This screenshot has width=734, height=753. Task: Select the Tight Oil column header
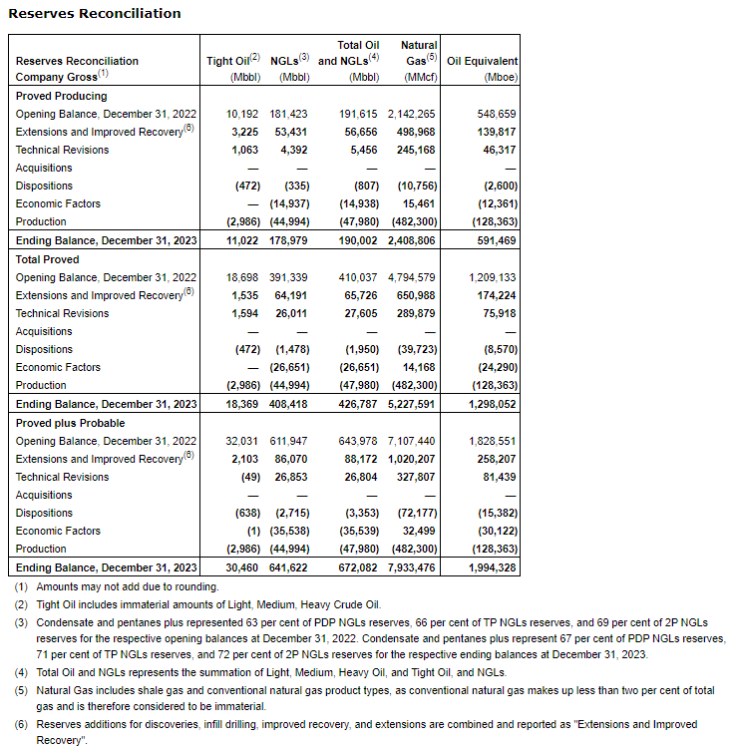pyautogui.click(x=232, y=61)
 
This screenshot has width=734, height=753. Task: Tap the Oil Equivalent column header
pyautogui.click(x=482, y=61)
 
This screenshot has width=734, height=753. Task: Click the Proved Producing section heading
pyautogui.click(x=62, y=96)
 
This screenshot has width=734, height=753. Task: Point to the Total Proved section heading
pyautogui.click(x=48, y=259)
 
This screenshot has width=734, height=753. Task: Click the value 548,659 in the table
pyautogui.click(x=497, y=114)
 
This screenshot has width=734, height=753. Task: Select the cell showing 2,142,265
pyautogui.click(x=409, y=114)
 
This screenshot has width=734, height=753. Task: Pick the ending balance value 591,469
pyautogui.click(x=497, y=240)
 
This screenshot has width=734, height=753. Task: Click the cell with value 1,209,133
pyautogui.click(x=492, y=277)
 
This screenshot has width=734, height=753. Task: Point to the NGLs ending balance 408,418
pyautogui.click(x=290, y=404)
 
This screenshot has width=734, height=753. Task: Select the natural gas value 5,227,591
pyautogui.click(x=409, y=404)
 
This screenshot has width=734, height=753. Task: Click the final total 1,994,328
pyautogui.click(x=492, y=567)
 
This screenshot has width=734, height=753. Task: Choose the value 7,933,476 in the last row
pyautogui.click(x=409, y=567)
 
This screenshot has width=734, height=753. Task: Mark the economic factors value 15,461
pyautogui.click(x=418, y=203)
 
